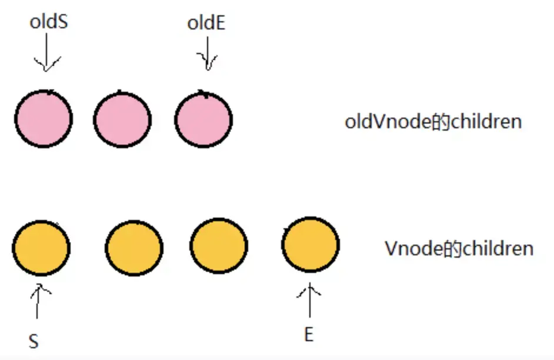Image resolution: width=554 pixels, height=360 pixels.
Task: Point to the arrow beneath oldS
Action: [x=45, y=56]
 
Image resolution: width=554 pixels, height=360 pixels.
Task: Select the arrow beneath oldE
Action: [x=206, y=56]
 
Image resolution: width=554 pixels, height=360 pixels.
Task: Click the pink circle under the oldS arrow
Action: [x=44, y=119]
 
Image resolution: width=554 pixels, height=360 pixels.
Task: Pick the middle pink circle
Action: [x=122, y=119]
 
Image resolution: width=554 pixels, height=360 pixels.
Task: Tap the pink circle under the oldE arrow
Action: [x=204, y=119]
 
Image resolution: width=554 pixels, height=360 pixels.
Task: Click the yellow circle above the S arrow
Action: [x=41, y=246]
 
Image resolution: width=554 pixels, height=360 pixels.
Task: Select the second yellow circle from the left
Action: [x=134, y=247]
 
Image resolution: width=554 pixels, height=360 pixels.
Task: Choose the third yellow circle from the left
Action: [x=219, y=247]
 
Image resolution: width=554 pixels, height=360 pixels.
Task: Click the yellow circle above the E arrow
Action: [x=311, y=245]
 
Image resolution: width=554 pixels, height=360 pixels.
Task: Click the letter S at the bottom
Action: [x=34, y=341]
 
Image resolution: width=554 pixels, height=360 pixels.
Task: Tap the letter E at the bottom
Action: [x=308, y=335]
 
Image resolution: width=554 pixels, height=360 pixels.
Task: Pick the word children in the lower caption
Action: [x=498, y=248]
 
